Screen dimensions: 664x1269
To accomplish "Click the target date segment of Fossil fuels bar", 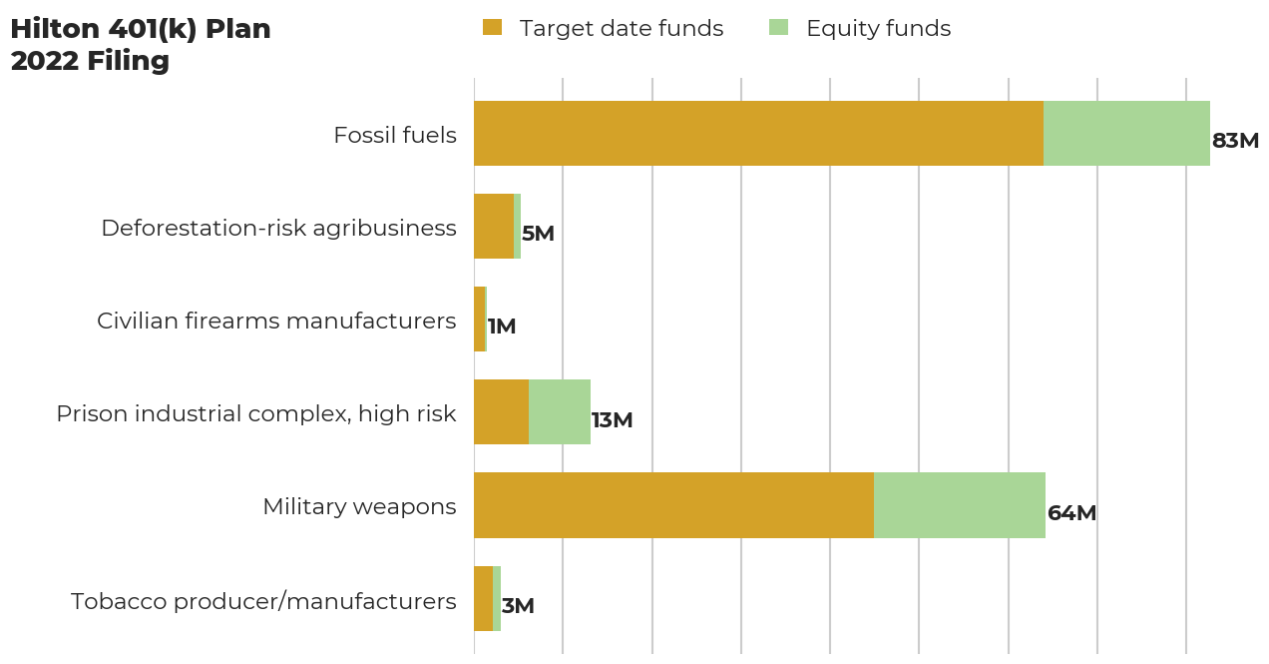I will click(x=758, y=133).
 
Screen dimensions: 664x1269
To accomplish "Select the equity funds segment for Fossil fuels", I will click(x=1126, y=133).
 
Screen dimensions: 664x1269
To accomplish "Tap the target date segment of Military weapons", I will click(x=673, y=505).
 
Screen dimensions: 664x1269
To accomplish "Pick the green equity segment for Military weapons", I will click(x=960, y=505).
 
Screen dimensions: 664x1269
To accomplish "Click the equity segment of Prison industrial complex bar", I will click(x=560, y=411).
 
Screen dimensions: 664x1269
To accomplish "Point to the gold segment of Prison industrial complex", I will click(x=501, y=411).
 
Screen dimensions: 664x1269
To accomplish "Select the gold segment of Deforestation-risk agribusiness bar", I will click(x=494, y=226).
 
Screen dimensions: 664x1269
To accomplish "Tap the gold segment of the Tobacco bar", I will click(x=483, y=598).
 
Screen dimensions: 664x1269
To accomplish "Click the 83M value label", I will click(x=1235, y=141).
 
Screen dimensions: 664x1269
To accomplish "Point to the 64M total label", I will click(x=1071, y=513).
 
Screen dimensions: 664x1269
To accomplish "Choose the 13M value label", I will click(x=612, y=420).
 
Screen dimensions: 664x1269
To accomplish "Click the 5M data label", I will click(x=538, y=234).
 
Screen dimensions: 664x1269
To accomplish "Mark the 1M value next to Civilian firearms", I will click(x=502, y=327).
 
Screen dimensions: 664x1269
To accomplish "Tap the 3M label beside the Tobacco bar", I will click(x=518, y=606).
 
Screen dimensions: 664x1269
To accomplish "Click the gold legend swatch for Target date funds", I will click(x=492, y=28).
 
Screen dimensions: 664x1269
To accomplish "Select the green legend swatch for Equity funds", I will click(x=778, y=28).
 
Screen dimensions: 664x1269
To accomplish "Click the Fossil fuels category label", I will click(x=395, y=135).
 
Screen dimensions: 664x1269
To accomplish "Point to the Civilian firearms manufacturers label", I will click(x=276, y=321).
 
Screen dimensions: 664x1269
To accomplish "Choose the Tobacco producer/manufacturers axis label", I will click(x=263, y=601).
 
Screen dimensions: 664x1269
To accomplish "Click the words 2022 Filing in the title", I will click(x=90, y=61).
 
